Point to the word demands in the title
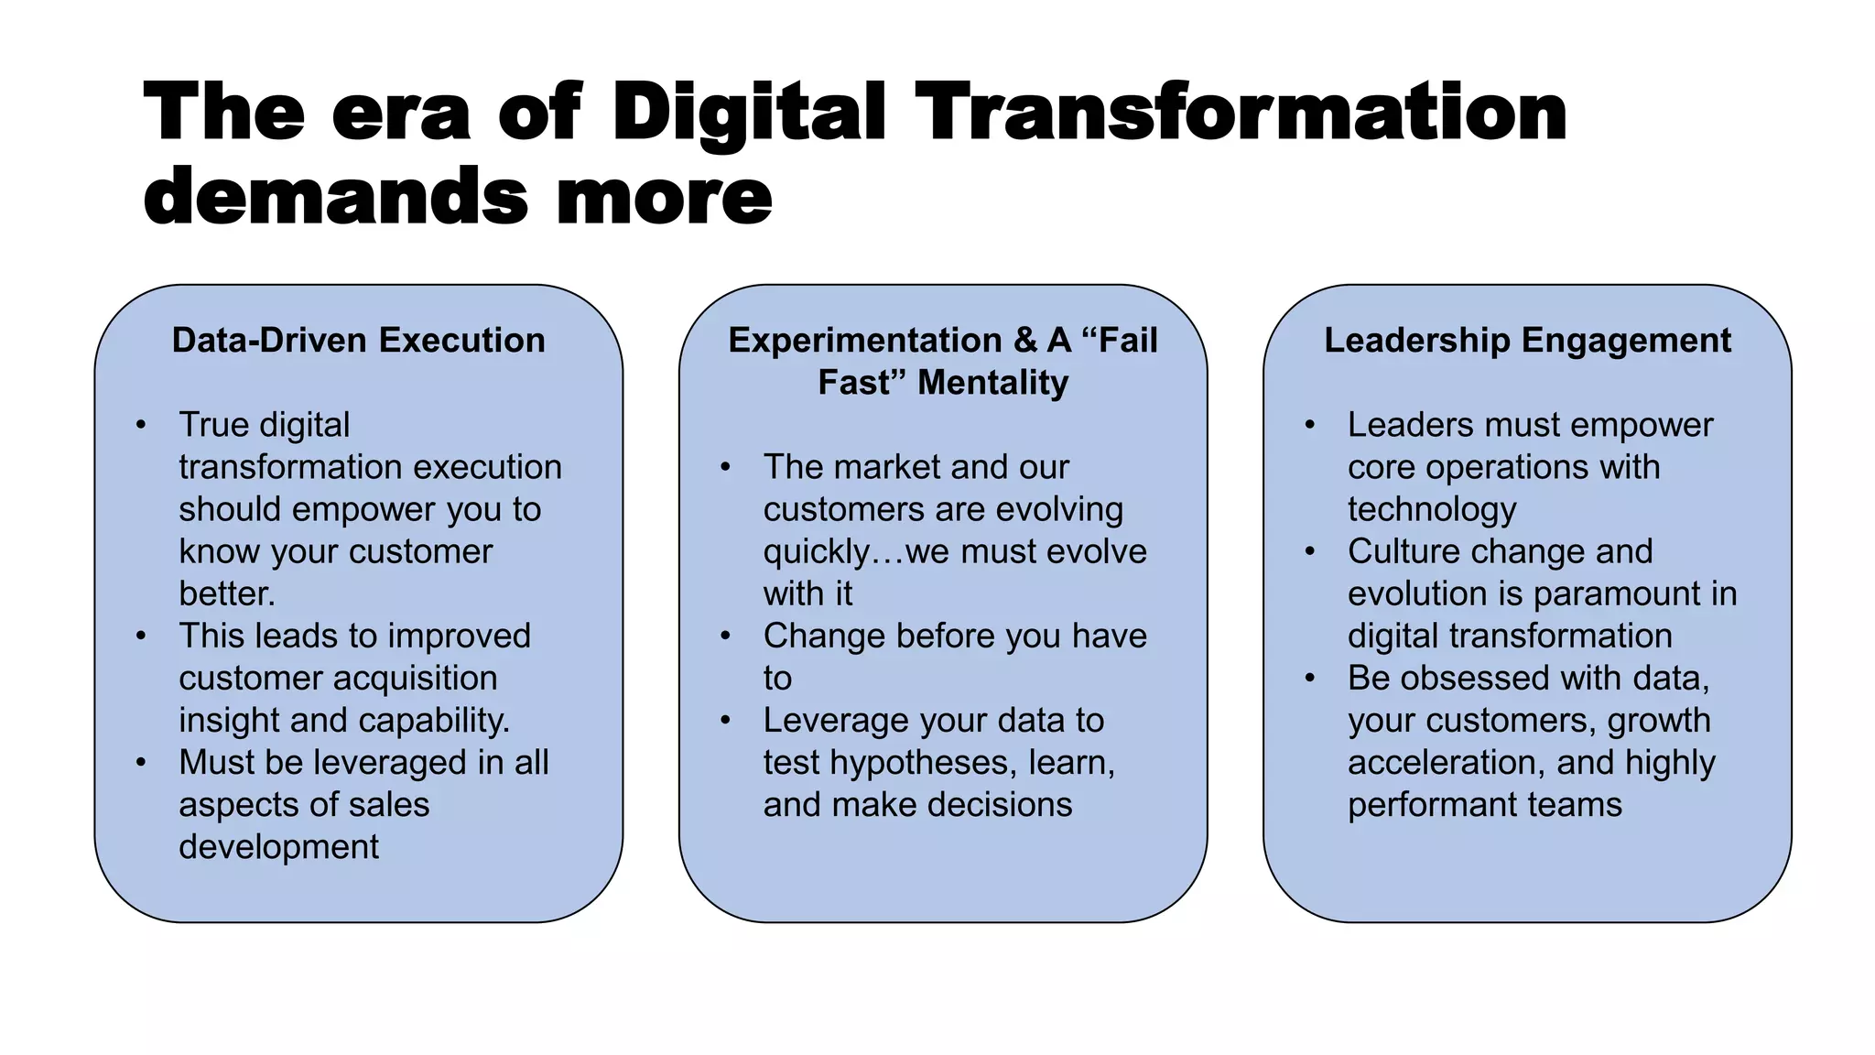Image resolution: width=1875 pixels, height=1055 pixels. tap(336, 196)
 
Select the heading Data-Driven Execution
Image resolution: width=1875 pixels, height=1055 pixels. tap(358, 340)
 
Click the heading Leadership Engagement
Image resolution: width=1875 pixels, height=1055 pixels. tap(1527, 340)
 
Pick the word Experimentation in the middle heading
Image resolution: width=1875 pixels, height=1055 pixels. tap(864, 340)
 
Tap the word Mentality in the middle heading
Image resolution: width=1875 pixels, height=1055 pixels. tap(992, 382)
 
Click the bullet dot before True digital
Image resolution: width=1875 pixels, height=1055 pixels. tap(141, 425)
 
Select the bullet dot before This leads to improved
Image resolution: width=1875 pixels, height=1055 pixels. tap(141, 636)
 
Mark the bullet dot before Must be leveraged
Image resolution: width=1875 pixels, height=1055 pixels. tap(141, 762)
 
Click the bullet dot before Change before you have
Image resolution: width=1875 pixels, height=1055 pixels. tap(725, 636)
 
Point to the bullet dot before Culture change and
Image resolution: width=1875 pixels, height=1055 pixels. tap(1310, 551)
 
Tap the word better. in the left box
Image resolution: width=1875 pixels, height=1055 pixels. tap(226, 593)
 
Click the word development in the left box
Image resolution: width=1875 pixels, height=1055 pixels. tap(278, 847)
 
